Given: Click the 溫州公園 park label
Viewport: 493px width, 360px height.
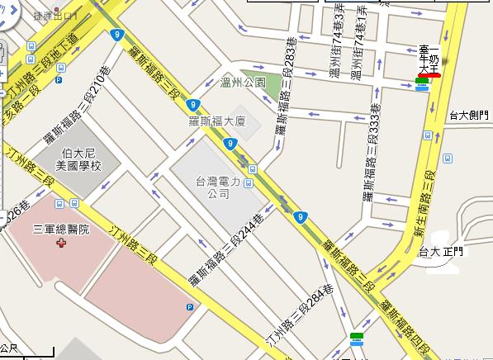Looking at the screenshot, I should [x=244, y=83].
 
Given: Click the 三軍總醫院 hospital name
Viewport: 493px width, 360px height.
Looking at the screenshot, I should [x=60, y=229].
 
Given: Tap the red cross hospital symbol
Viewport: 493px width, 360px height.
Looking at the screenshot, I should [x=59, y=244].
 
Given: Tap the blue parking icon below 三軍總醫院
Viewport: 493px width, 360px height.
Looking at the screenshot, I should [x=190, y=307].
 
